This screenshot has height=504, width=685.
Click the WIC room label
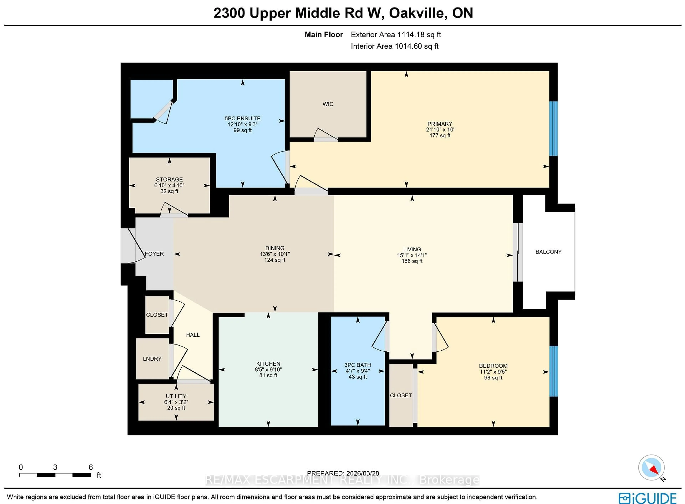click(x=328, y=104)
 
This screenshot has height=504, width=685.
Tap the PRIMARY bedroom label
click(x=440, y=124)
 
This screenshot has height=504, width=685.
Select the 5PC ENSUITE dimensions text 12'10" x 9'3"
click(x=242, y=124)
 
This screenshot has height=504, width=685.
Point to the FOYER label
click(x=154, y=254)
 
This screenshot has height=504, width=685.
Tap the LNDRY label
click(x=152, y=359)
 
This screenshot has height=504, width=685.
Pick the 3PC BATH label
click(x=358, y=365)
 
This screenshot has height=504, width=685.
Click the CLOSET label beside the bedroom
click(x=401, y=395)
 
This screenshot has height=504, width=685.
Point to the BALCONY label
click(x=548, y=252)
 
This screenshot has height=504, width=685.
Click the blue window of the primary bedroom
click(x=553, y=128)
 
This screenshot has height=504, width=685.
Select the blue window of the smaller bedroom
click(x=554, y=371)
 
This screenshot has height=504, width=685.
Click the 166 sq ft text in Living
click(x=412, y=261)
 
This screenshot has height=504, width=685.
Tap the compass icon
click(x=651, y=467)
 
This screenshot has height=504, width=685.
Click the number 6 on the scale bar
click(x=91, y=467)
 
